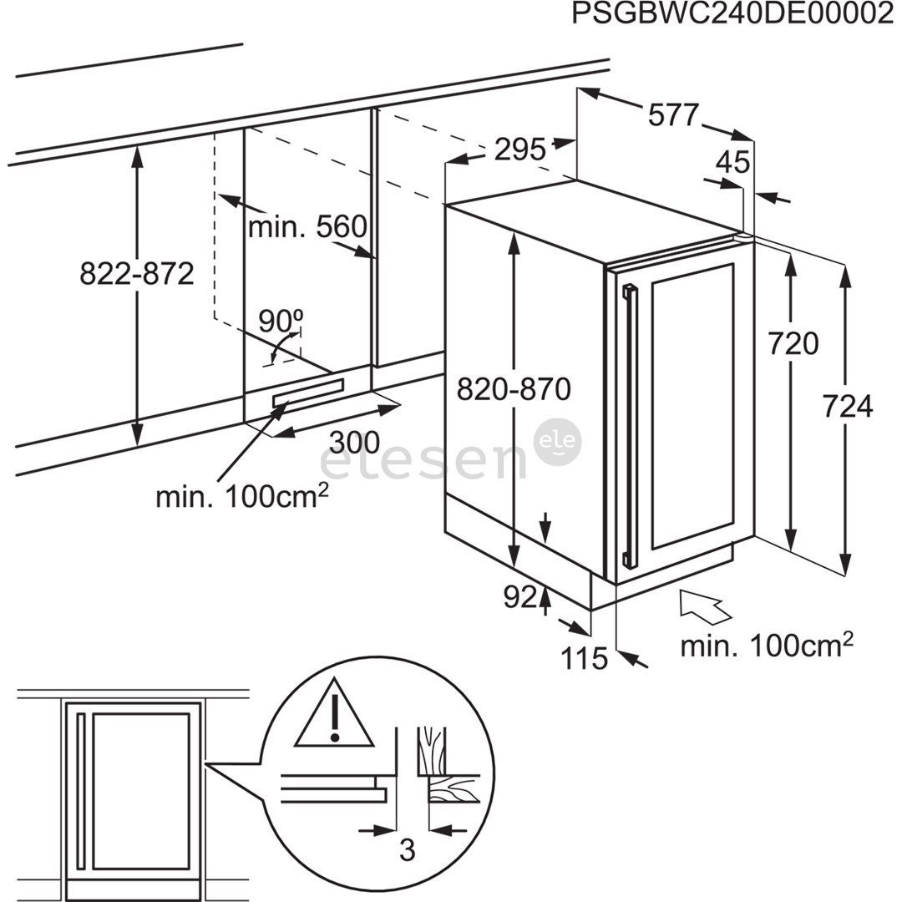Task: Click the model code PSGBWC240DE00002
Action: point(732,16)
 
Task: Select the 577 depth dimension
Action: point(672,115)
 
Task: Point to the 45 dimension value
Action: point(733,162)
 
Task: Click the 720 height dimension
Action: point(793,343)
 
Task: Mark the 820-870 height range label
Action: point(513,389)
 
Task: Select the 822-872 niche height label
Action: point(137,273)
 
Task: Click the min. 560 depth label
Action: point(307,226)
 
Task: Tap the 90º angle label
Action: point(280,319)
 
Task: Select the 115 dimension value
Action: point(584,659)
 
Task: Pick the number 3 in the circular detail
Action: point(407,850)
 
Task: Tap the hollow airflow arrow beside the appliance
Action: point(705,606)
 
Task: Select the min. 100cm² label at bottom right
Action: point(766,645)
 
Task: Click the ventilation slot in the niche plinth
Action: point(307,393)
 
